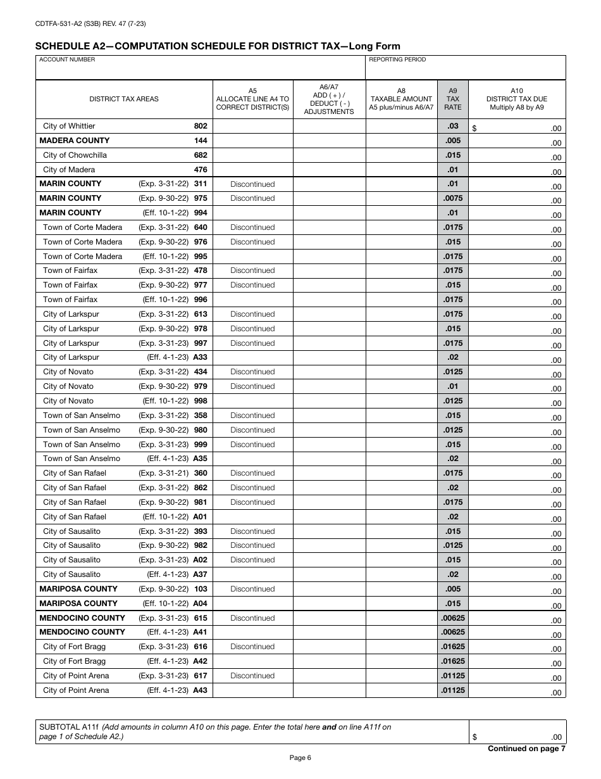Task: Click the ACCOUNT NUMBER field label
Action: coord(67,60)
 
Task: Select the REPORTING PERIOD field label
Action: coord(397,60)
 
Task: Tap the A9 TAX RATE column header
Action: coord(453,99)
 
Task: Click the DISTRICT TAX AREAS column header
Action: coord(124,99)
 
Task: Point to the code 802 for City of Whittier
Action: coord(201,126)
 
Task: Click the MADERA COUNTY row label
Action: coord(75,141)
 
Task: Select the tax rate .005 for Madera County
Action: coord(453,141)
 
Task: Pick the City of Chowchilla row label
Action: coord(75,155)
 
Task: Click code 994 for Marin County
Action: coord(201,213)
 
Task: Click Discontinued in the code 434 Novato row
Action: coord(252,372)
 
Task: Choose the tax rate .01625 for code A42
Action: coord(453,661)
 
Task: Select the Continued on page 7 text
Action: coord(526,749)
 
